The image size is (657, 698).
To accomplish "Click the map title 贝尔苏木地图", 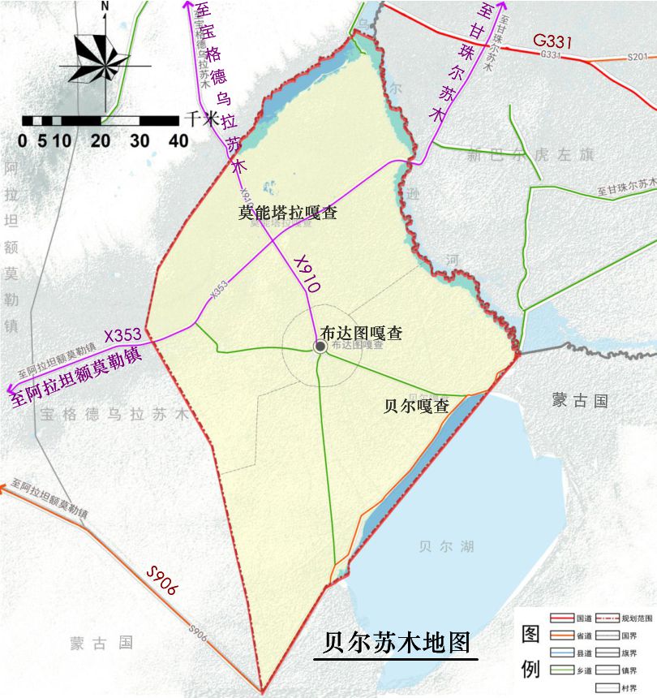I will tap(396, 643).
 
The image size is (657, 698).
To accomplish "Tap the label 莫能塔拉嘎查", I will tap(287, 213).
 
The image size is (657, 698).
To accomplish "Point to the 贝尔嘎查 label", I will tap(415, 407).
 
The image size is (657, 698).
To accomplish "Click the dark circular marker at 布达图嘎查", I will tap(320, 347).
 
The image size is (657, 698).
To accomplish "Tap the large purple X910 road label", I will tap(307, 274).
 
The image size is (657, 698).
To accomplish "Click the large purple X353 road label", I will tap(122, 334).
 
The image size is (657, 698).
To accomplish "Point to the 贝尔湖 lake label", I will tap(441, 546).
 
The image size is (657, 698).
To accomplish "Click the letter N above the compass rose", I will tap(105, 6).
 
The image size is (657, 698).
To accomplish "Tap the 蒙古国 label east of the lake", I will tap(579, 401).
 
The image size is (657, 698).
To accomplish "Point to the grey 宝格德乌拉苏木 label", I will tap(114, 413).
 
